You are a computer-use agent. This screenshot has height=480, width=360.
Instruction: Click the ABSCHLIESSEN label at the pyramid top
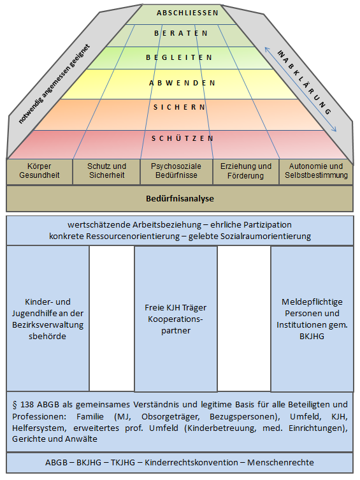coord(187,13)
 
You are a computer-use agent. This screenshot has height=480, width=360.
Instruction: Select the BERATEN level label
coord(181,33)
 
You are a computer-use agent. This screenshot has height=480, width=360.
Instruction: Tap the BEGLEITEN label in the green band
coord(179,57)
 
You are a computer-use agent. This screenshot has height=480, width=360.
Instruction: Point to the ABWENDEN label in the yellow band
coord(182,83)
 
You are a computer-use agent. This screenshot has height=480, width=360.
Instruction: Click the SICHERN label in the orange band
coord(179,107)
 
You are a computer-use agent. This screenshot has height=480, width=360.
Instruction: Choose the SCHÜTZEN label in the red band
coord(183,138)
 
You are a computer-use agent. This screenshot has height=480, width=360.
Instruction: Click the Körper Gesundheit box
coord(40,171)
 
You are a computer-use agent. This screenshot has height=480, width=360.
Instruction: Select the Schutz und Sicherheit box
coord(106,171)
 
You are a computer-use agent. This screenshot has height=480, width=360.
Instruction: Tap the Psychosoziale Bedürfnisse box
coord(176,171)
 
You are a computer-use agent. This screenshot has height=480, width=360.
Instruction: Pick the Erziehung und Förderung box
coord(246,171)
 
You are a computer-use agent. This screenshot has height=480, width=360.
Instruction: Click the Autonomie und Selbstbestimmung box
coord(316,171)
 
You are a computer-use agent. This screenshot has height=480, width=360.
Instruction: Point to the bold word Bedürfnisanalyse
coord(180,198)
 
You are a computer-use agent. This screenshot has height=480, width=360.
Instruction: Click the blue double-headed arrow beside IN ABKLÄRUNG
coord(301,89)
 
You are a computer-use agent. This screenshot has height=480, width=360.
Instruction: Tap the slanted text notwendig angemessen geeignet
coord(54,84)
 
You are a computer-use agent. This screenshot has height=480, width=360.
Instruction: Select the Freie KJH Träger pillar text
coord(176,319)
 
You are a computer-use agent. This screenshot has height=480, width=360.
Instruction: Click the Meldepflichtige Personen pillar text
coord(312,319)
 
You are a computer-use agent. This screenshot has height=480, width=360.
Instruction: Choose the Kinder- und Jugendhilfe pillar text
coord(48,319)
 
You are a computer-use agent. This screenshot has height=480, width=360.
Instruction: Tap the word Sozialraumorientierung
coord(250,236)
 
